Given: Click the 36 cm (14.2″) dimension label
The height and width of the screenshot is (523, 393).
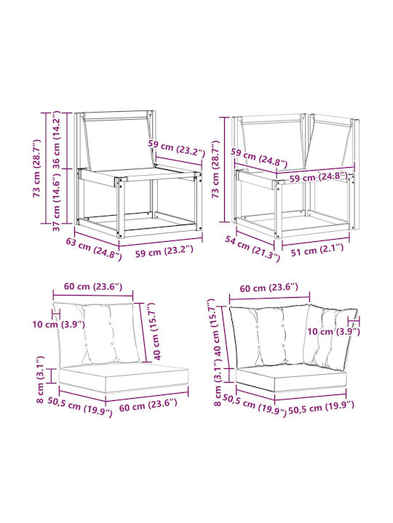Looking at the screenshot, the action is click(56, 139).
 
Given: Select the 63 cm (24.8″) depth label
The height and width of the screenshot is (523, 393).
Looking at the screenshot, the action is click(94, 248).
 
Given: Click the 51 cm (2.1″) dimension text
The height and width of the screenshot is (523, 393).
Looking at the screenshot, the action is click(317, 250).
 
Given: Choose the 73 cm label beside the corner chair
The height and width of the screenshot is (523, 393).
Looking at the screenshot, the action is click(215, 169).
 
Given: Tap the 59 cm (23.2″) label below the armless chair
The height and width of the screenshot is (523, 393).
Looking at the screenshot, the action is click(164, 251).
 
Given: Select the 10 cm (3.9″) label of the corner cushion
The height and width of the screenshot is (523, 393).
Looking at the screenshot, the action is click(333, 331).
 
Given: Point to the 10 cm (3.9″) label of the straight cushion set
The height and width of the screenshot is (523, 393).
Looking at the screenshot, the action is click(58, 324).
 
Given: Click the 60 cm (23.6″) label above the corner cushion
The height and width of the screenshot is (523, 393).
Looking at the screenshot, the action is click(269, 288).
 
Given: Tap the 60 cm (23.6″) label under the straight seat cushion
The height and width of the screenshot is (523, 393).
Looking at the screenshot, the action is click(148, 405).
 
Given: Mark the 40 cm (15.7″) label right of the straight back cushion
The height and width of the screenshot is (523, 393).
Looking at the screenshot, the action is click(156, 331).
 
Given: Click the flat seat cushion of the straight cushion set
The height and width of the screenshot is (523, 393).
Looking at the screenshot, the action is click(123, 377).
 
